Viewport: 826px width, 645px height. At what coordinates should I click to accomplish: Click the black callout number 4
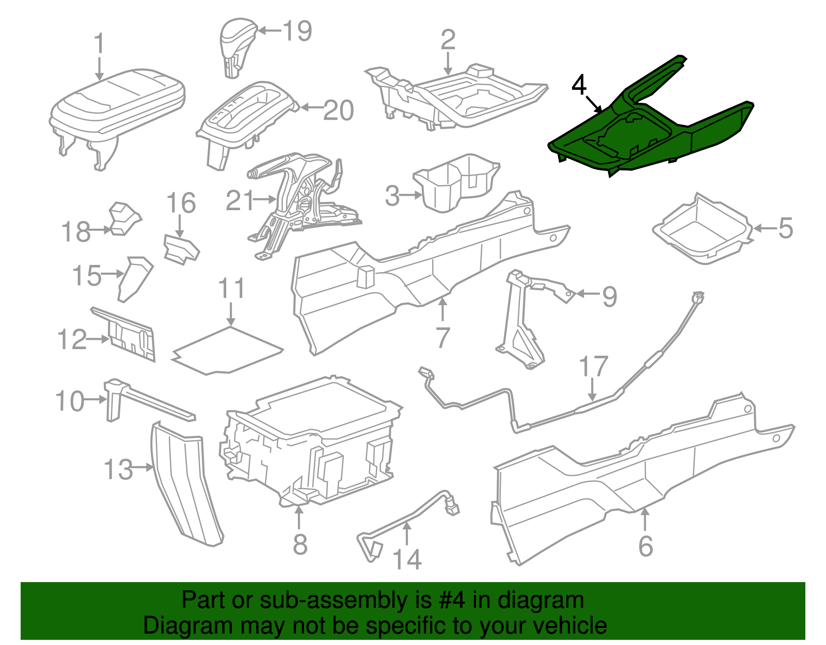[579, 86]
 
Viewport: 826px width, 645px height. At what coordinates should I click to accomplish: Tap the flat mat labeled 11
[227, 349]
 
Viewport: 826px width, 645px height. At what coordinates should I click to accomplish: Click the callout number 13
[118, 469]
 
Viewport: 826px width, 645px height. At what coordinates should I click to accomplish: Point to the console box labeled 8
[310, 444]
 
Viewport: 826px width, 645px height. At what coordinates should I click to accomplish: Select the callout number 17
[593, 367]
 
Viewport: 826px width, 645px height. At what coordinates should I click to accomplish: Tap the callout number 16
[181, 203]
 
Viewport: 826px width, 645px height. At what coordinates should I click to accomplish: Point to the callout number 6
[645, 546]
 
